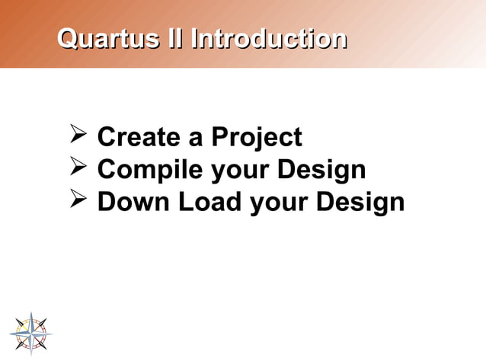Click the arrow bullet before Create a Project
point(78,136)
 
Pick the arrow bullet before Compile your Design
point(78,169)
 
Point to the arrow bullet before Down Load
point(78,202)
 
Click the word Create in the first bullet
point(138,138)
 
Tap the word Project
point(257,138)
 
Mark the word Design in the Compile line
point(321,171)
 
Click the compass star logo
point(31,333)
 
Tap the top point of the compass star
point(31,313)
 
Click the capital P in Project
point(219,138)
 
